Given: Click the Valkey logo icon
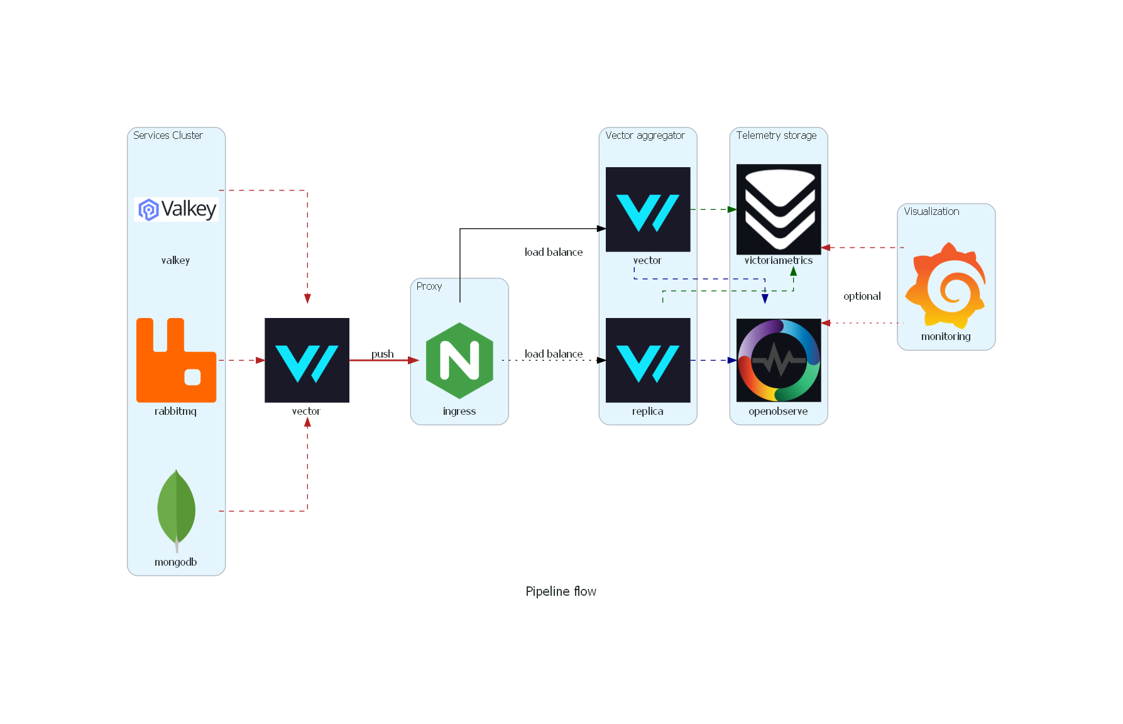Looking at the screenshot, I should [x=176, y=209].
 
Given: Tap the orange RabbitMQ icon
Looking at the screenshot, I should [x=176, y=360].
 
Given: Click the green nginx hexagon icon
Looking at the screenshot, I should [x=459, y=360].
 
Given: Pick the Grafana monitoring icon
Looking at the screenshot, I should [x=945, y=286].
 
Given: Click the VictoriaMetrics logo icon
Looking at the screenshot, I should [x=778, y=209].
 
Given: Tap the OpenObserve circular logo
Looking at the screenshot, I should [x=778, y=360].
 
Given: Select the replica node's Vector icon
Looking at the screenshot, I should [x=647, y=360].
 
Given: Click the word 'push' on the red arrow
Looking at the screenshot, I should [x=382, y=354].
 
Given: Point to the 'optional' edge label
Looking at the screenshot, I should [x=862, y=296].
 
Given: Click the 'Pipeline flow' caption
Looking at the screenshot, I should [x=561, y=591].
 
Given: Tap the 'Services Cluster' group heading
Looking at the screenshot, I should [x=168, y=135].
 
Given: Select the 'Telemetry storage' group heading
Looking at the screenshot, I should [x=776, y=135].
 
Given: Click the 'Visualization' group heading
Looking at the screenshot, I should [x=931, y=211].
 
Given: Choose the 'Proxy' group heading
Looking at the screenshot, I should [x=429, y=286].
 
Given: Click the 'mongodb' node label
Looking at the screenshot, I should [x=176, y=562].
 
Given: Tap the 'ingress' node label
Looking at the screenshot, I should [x=459, y=411].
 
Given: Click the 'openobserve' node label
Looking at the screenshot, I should [x=778, y=411].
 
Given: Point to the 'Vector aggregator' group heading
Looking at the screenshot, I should [x=645, y=135].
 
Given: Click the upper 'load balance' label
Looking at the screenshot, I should [x=554, y=252].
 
